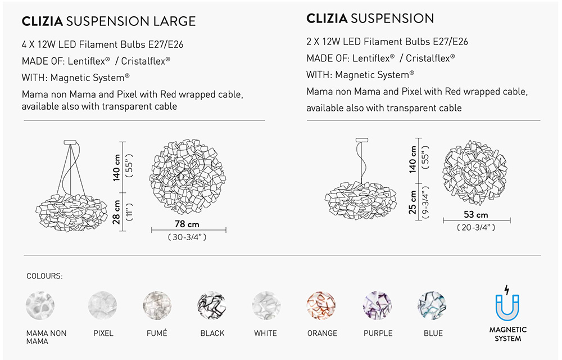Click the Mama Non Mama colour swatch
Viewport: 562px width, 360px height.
pos(40,305)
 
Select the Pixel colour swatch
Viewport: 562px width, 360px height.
pos(103,305)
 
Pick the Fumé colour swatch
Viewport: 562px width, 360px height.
pos(157,305)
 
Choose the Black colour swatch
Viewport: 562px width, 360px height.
pos(212,305)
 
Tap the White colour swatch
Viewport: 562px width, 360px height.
pos(266,305)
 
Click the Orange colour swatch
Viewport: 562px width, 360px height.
pos(321,305)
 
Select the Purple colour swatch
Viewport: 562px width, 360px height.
pos(378,305)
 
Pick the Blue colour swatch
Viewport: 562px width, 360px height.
pos(432,305)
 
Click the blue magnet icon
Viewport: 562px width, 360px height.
pos(507,304)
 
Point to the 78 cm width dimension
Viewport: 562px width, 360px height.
pos(188,224)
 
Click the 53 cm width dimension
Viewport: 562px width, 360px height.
pos(475,215)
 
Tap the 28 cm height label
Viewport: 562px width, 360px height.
pos(117,211)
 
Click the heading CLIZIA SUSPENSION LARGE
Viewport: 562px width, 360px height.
pos(108,22)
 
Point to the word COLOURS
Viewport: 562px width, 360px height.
pos(44,276)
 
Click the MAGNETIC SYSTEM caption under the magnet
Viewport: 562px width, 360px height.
pos(507,334)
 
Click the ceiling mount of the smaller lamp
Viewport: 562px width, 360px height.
pos(360,139)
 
